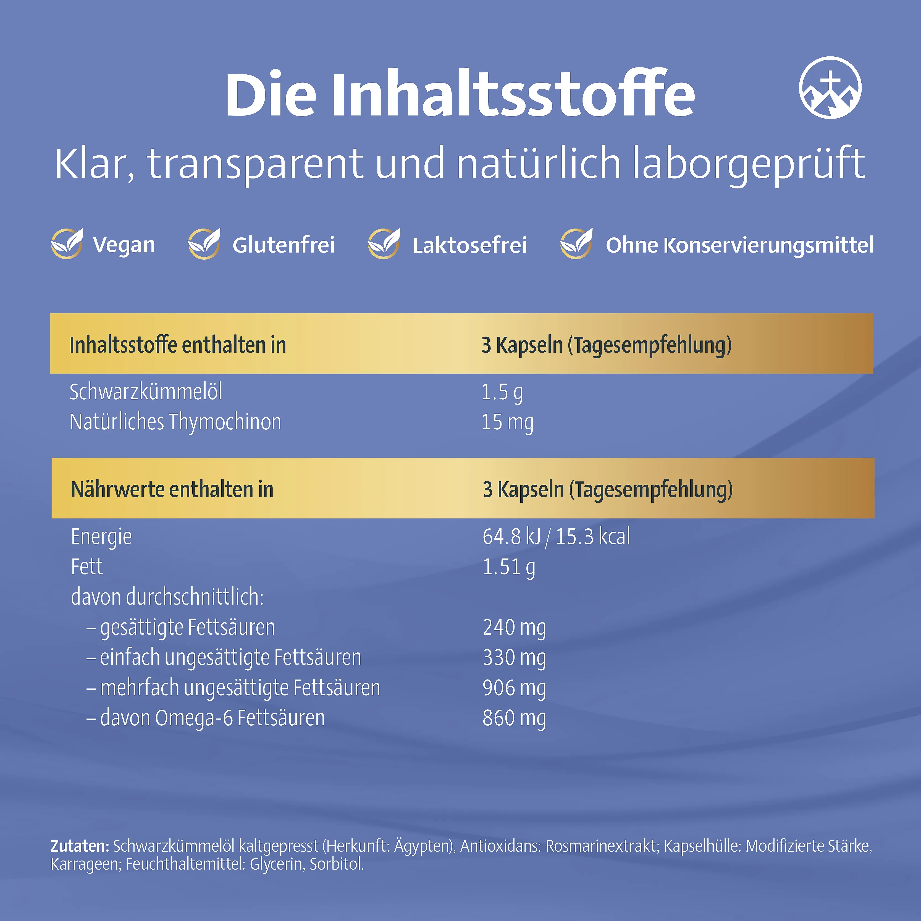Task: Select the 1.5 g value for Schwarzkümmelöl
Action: point(502,392)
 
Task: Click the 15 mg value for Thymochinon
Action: point(507,422)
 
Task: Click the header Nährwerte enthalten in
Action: point(172,490)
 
